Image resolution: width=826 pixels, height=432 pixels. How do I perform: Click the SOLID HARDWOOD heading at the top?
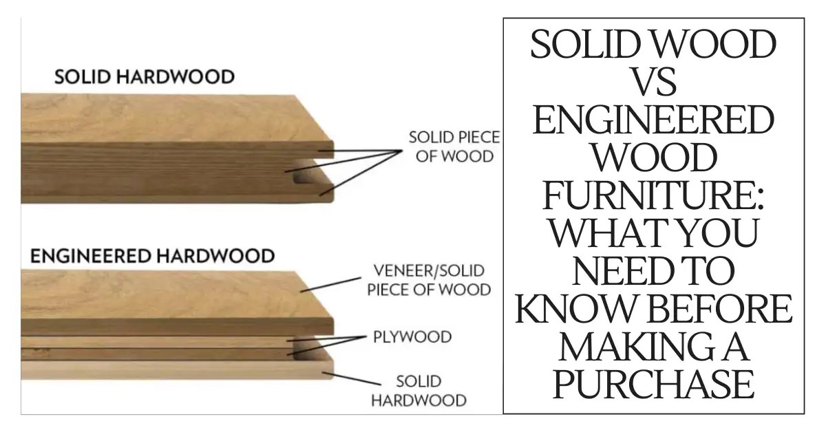tap(144, 76)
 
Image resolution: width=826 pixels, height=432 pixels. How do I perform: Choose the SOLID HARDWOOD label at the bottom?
tap(419, 390)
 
